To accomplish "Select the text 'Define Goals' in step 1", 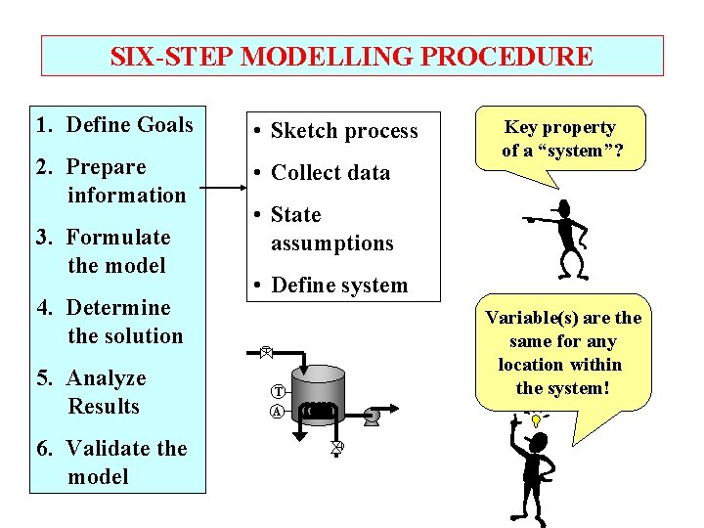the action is click(129, 125).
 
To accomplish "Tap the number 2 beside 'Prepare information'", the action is click(44, 167).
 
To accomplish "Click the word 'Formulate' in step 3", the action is click(118, 238).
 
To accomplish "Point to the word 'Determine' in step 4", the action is click(118, 308).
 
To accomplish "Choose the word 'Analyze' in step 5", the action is click(107, 378).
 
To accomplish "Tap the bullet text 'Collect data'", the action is click(330, 173).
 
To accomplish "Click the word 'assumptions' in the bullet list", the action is click(331, 243).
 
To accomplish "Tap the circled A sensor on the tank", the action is click(277, 411).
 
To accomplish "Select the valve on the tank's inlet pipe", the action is click(266, 351).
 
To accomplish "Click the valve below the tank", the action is click(337, 447).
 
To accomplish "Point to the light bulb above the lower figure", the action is click(536, 418).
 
